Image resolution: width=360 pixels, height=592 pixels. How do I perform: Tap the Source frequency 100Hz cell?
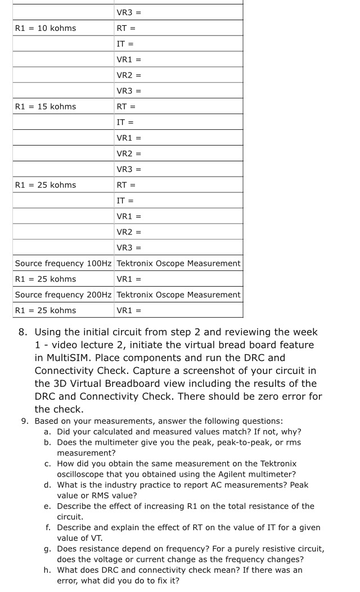(64, 263)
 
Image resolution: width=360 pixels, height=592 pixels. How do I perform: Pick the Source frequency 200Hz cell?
(64, 295)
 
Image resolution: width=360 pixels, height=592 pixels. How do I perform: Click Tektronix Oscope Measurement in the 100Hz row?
(178, 263)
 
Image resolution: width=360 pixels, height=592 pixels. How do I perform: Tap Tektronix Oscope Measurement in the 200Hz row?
(178, 295)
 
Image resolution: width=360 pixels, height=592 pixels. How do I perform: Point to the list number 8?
(22, 332)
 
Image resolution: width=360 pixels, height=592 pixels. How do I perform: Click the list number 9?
(24, 421)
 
